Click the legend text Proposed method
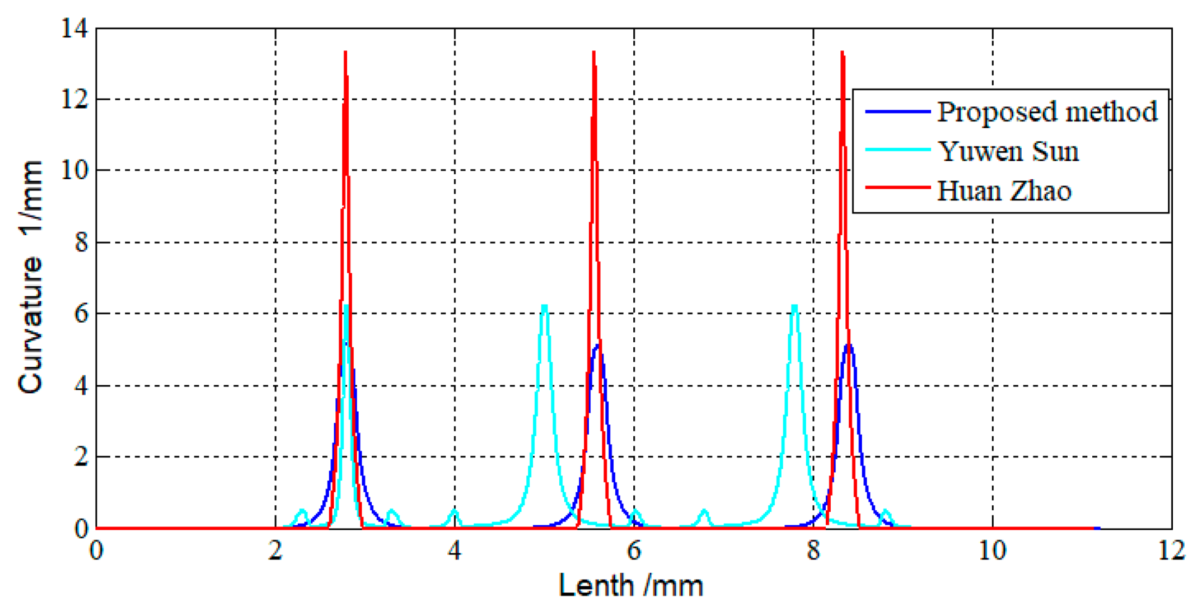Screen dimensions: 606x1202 click(x=1047, y=112)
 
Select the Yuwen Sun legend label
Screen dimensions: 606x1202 click(x=1008, y=151)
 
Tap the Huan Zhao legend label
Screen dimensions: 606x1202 click(x=1004, y=191)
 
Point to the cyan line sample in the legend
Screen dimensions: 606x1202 click(x=897, y=150)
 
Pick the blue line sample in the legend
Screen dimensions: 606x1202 click(x=897, y=111)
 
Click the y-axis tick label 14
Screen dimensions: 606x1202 click(x=74, y=28)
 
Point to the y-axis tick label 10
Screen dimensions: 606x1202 click(x=74, y=170)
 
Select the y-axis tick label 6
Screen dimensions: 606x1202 click(x=81, y=314)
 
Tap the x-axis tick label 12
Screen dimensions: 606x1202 click(x=1171, y=551)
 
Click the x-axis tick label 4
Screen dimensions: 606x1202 click(x=455, y=551)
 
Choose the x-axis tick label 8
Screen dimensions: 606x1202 click(x=813, y=551)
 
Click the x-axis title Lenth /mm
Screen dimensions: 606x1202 click(x=631, y=586)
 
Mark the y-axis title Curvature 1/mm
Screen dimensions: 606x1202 click(x=30, y=277)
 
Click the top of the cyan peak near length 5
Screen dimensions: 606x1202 click(x=544, y=306)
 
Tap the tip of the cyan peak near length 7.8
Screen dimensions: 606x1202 click(x=794, y=306)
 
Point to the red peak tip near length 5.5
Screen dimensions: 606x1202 click(x=593, y=52)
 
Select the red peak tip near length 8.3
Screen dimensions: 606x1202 click(x=842, y=52)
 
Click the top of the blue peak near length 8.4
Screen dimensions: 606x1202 click(x=849, y=346)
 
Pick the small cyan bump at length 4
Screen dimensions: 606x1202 click(x=455, y=511)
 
